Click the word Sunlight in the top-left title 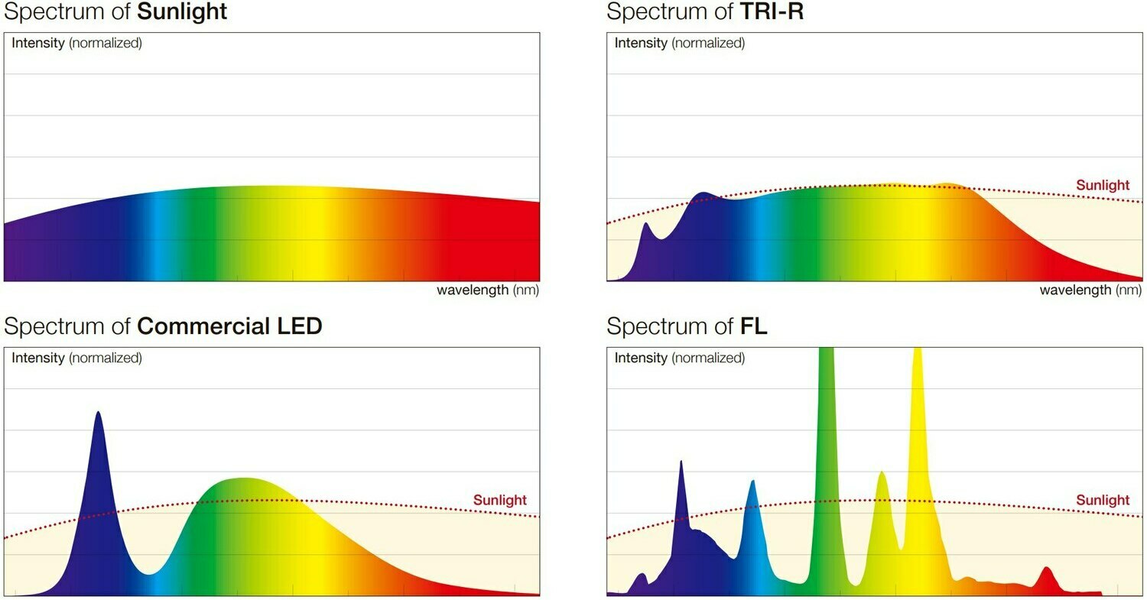pyautogui.click(x=182, y=12)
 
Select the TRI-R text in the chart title pyautogui.click(x=772, y=12)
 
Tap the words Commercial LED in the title pyautogui.click(x=229, y=326)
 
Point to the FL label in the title pyautogui.click(x=754, y=326)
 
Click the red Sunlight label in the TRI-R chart pyautogui.click(x=1102, y=185)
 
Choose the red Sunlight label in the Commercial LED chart pyautogui.click(x=499, y=501)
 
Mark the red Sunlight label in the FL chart pyautogui.click(x=1102, y=501)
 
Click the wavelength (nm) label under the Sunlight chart pyautogui.click(x=488, y=290)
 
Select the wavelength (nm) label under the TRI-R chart pyautogui.click(x=1090, y=290)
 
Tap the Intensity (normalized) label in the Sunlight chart pyautogui.click(x=76, y=43)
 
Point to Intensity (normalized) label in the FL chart pyautogui.click(x=679, y=358)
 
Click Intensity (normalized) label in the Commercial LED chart pyautogui.click(x=76, y=358)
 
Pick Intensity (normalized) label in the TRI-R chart pyautogui.click(x=679, y=43)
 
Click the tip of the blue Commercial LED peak pyautogui.click(x=98, y=413)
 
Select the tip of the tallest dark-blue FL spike pyautogui.click(x=681, y=462)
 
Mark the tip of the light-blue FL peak pyautogui.click(x=753, y=482)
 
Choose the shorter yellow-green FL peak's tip pyautogui.click(x=882, y=472)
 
